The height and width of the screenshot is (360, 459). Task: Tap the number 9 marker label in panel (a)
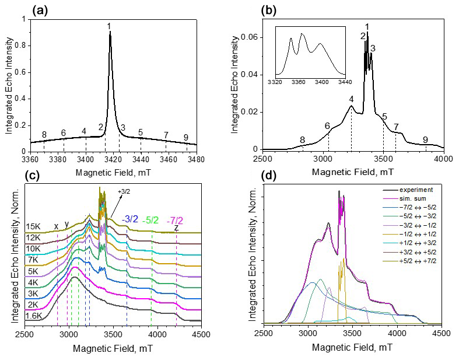point(186,138)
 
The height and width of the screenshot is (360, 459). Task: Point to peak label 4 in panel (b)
point(351,99)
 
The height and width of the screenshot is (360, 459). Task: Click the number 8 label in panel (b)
point(302,140)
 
